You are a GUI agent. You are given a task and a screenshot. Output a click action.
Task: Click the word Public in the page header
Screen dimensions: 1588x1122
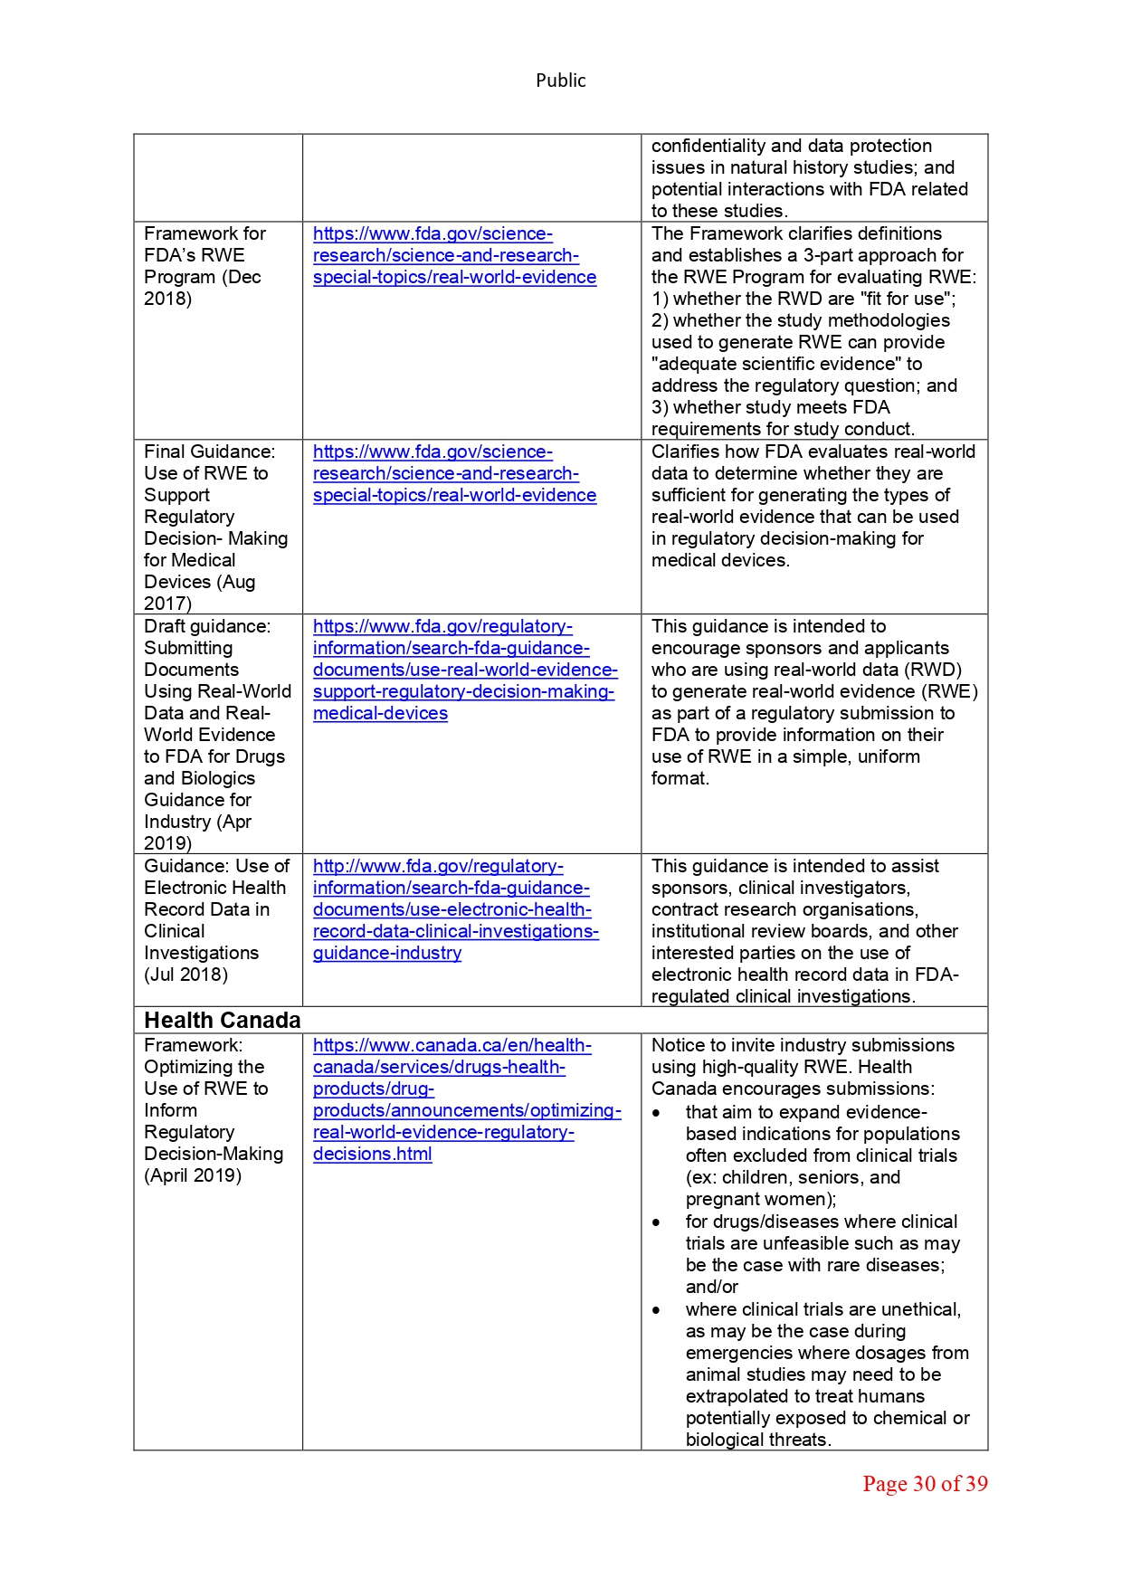(x=560, y=81)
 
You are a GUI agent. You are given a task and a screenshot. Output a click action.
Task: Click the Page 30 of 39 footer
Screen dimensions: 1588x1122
(x=924, y=1484)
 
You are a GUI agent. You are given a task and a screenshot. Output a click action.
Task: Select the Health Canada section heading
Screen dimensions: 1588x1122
(x=222, y=1021)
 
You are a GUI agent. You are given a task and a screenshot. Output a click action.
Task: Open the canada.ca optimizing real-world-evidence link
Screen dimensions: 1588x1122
(x=466, y=1099)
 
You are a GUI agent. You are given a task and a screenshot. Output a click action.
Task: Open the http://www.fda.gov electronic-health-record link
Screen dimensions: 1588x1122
(x=455, y=909)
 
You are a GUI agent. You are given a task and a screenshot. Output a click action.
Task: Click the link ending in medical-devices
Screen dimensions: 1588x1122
(x=380, y=714)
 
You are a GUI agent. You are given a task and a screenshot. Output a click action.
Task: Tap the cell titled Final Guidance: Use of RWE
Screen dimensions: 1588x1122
(x=215, y=527)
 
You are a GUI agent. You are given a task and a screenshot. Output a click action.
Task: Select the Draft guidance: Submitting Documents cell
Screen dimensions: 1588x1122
(x=216, y=734)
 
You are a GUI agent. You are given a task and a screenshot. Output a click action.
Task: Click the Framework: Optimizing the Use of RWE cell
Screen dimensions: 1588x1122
(x=213, y=1110)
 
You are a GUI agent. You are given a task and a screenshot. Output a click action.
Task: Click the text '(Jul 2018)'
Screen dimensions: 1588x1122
(x=185, y=975)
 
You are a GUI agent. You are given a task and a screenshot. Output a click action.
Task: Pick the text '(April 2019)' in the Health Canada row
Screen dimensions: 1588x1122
(x=192, y=1175)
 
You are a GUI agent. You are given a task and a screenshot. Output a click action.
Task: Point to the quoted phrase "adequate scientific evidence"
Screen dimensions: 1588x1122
(x=776, y=364)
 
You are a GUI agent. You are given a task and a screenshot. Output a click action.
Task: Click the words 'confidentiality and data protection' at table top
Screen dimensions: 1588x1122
(x=791, y=146)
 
